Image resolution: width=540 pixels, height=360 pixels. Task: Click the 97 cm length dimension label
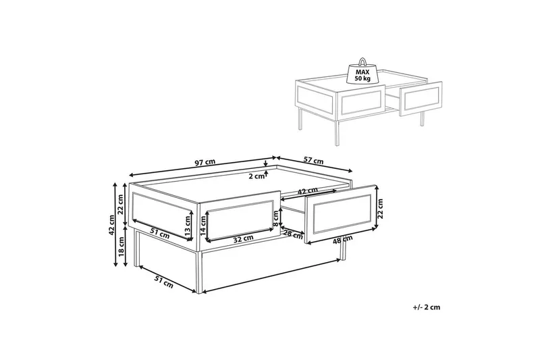[205, 162]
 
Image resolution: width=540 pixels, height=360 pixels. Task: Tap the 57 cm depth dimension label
[313, 160]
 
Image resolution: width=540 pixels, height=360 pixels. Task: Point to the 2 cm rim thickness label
[256, 176]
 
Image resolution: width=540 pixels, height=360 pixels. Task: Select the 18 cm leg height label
[122, 247]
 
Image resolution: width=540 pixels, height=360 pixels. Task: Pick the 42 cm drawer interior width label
[308, 190]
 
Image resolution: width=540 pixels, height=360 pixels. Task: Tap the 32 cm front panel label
[243, 238]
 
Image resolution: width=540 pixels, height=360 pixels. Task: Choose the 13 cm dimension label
[188, 226]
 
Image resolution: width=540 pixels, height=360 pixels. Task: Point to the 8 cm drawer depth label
[276, 217]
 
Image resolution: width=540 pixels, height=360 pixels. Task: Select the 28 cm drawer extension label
[293, 234]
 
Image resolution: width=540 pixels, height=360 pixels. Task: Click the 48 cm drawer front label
[343, 239]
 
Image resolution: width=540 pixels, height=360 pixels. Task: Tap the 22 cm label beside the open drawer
[380, 209]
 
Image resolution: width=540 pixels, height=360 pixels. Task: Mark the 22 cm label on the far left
[121, 204]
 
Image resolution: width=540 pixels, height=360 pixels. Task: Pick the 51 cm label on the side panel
[160, 234]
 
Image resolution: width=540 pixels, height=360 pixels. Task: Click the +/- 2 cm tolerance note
[427, 307]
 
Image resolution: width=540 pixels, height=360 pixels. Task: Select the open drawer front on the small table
[421, 100]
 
